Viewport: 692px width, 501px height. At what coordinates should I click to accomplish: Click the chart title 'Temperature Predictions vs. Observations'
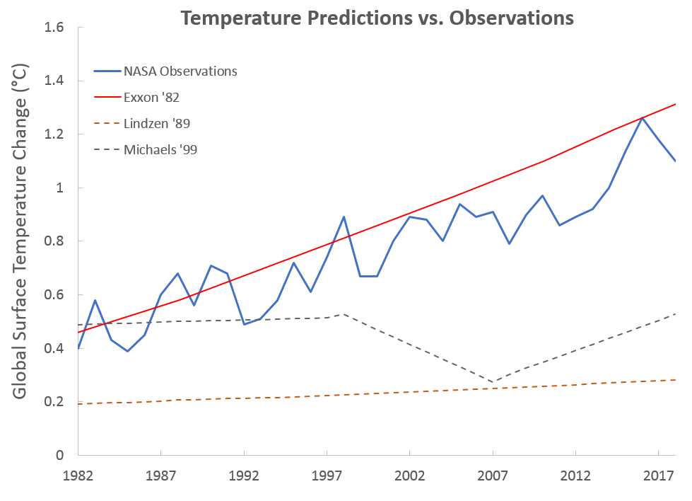tap(375, 18)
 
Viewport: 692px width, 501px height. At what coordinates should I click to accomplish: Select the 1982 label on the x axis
tap(78, 475)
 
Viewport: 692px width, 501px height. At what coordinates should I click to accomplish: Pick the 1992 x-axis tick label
tap(244, 475)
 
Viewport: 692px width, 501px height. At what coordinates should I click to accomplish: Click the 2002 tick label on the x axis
tap(410, 475)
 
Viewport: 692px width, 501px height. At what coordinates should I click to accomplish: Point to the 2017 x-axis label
tap(659, 475)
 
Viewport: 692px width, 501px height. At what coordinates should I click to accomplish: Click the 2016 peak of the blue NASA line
tap(642, 117)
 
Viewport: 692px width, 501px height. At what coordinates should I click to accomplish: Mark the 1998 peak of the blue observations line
tap(344, 217)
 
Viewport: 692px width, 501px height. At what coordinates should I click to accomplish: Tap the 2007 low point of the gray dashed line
tap(493, 382)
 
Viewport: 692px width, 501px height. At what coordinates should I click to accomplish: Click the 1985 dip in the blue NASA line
tap(128, 351)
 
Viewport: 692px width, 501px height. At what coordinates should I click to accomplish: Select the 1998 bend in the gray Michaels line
tap(344, 313)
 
